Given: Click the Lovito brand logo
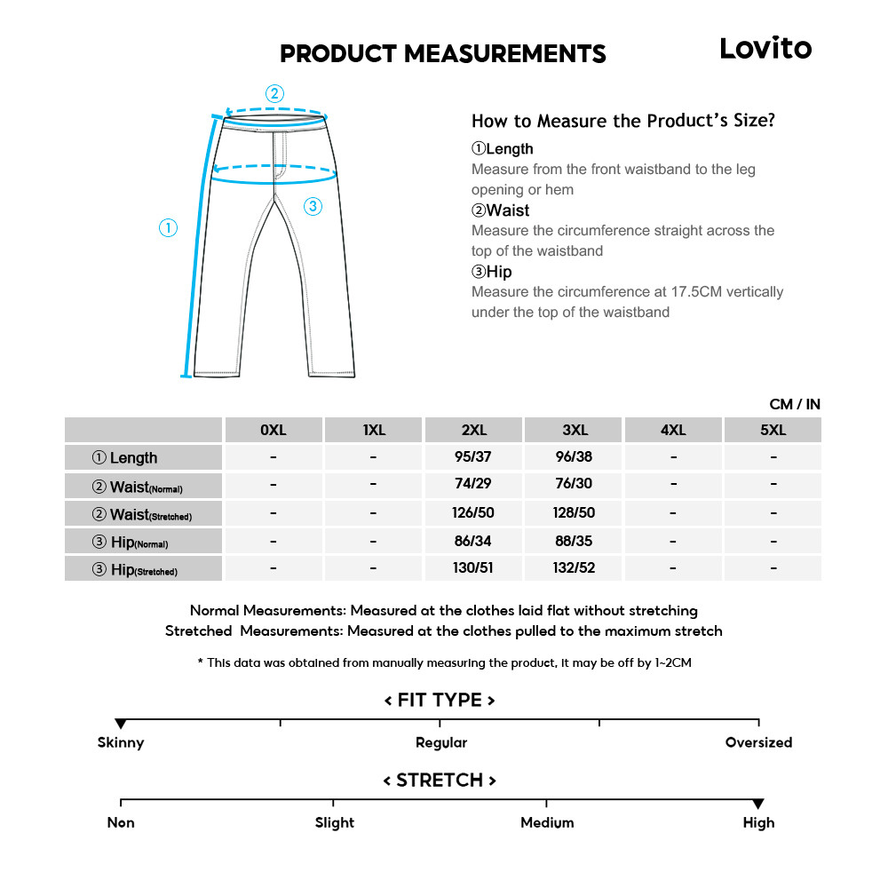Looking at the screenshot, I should (765, 49).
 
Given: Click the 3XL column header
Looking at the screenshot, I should (575, 431).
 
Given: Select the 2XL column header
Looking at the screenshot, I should (473, 431).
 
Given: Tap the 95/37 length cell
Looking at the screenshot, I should (473, 457).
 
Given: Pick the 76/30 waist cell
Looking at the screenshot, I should (575, 485).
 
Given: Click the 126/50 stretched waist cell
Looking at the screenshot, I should (473, 513).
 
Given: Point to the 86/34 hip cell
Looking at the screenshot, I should (473, 541).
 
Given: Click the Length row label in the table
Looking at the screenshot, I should (125, 458).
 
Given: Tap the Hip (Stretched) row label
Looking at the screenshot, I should (135, 570).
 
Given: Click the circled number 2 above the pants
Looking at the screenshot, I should (274, 93).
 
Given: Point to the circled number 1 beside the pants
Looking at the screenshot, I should (168, 228).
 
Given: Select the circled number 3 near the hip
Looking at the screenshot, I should (312, 207).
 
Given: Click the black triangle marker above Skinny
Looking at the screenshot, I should (121, 725).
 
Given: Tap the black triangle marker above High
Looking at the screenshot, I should (758, 805).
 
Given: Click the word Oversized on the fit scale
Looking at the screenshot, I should (758, 742).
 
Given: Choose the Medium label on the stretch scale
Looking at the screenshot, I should (547, 822).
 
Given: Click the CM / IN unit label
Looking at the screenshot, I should (794, 404).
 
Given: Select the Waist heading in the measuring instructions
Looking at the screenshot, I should (500, 210).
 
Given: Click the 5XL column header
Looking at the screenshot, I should (773, 431).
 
